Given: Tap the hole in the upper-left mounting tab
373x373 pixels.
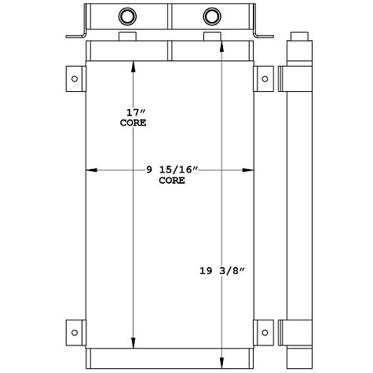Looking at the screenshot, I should [x=75, y=78].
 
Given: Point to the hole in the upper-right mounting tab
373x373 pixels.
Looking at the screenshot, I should [x=265, y=78].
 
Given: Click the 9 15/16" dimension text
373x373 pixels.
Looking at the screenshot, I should [x=173, y=170].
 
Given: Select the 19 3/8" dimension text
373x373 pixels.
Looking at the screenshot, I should [x=224, y=272].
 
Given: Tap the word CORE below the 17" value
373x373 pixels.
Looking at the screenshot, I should [x=133, y=123].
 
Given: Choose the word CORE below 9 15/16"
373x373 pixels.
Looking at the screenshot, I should [x=172, y=181].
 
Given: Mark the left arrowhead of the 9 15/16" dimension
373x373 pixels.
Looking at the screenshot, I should [x=90, y=170].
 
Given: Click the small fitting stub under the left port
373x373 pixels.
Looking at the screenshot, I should [x=127, y=38].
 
